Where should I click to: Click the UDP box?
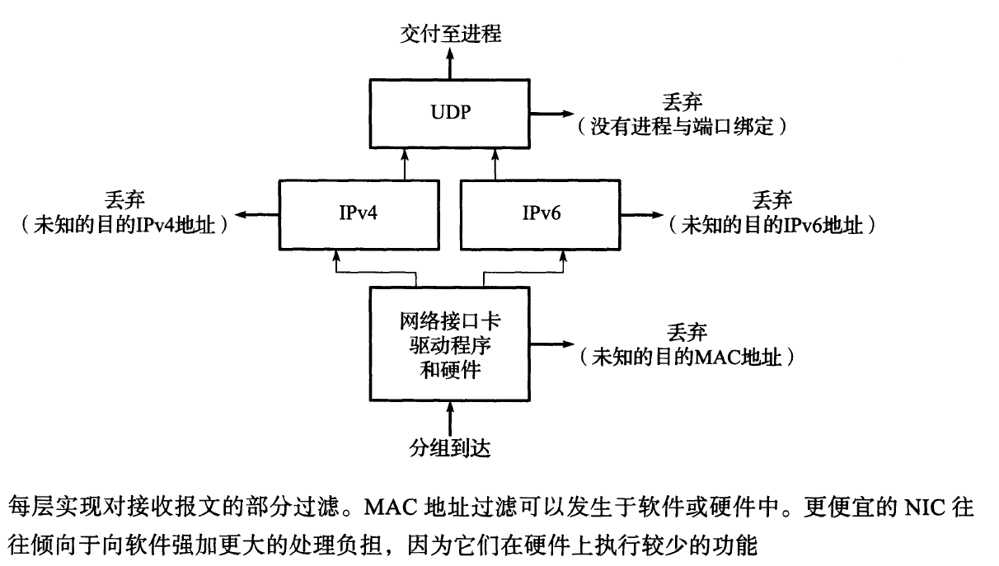coord(450,113)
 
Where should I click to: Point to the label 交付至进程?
coord(450,33)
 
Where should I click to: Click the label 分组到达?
coord(450,449)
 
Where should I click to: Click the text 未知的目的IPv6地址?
coord(772,224)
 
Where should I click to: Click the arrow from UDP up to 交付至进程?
coord(450,63)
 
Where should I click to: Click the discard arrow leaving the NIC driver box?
coord(551,344)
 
